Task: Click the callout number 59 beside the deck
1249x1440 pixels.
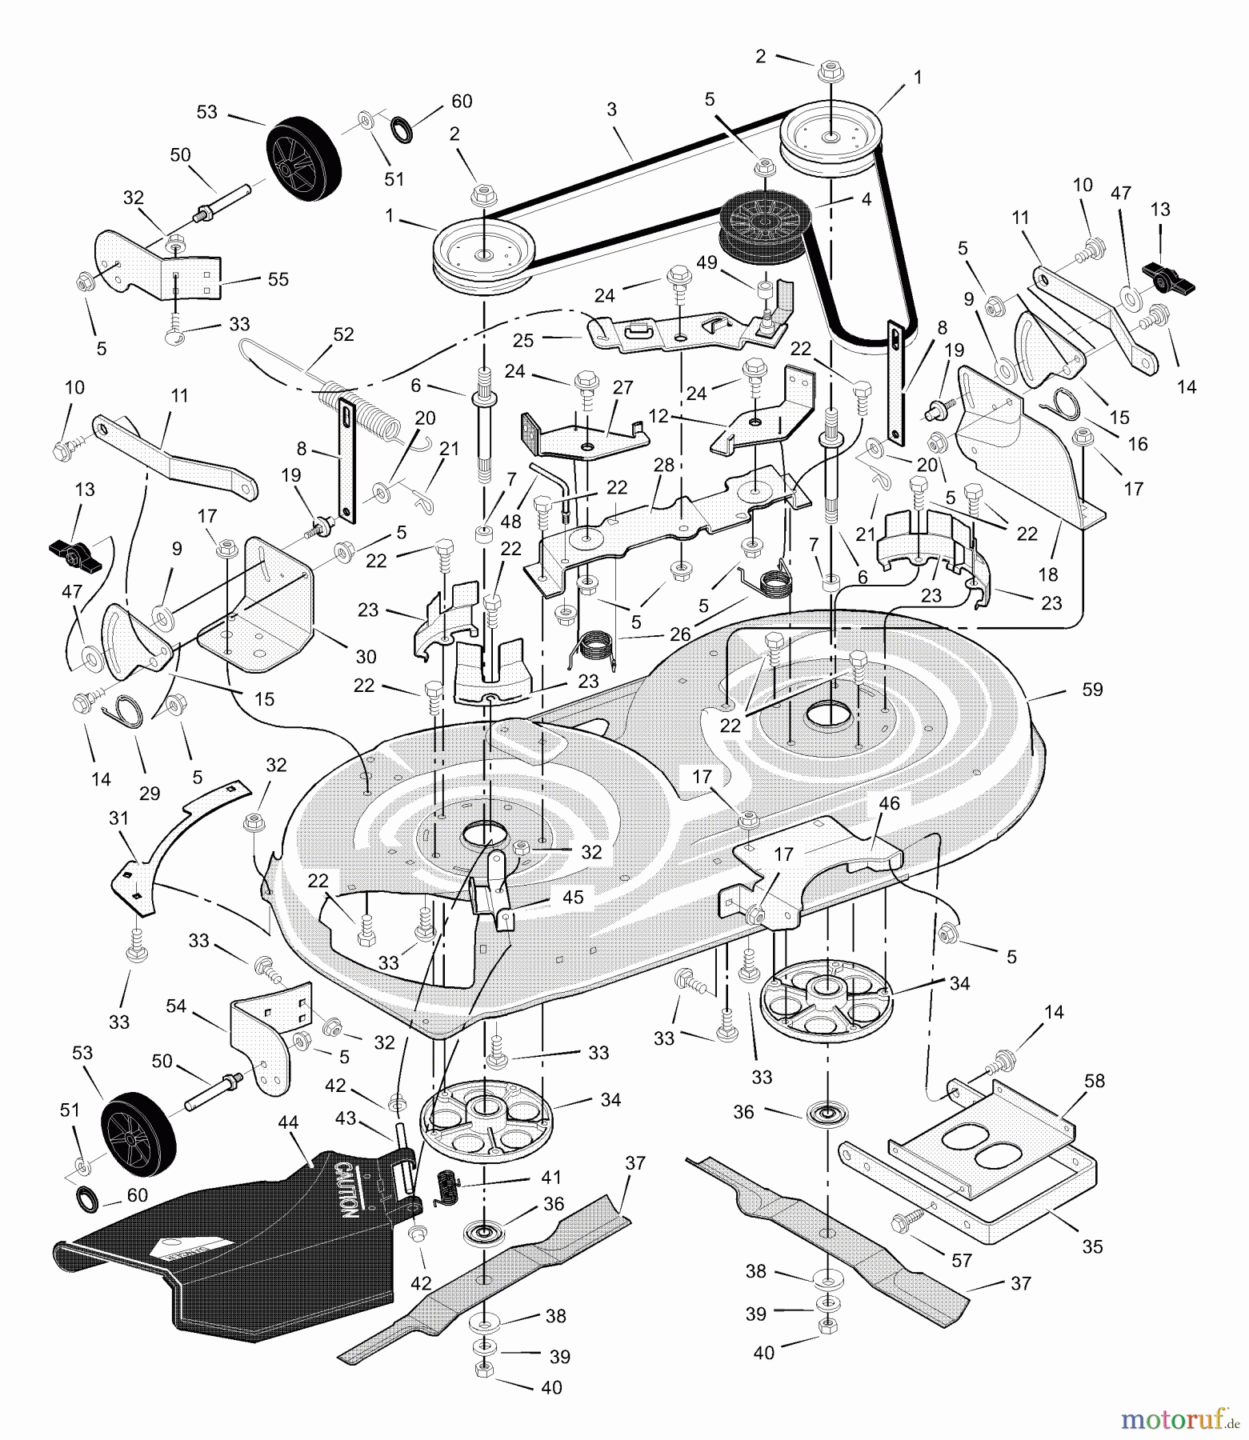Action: pyautogui.click(x=1091, y=689)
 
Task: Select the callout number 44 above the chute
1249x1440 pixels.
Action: pyautogui.click(x=288, y=1123)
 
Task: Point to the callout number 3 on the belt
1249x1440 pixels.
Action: pyautogui.click(x=611, y=110)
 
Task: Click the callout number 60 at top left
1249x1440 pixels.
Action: pyautogui.click(x=462, y=102)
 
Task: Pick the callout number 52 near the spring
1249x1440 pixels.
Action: pyautogui.click(x=343, y=335)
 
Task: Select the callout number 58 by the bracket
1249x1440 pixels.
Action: pyautogui.click(x=1094, y=1081)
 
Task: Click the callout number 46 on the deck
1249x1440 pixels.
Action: pyautogui.click(x=889, y=803)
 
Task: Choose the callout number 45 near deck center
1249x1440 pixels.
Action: pyautogui.click(x=573, y=897)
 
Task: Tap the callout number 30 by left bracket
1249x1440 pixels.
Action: pyautogui.click(x=366, y=656)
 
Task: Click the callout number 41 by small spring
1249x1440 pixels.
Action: pyautogui.click(x=551, y=1178)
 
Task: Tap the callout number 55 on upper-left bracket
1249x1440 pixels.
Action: pyautogui.click(x=278, y=279)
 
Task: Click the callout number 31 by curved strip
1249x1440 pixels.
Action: pyautogui.click(x=118, y=819)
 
